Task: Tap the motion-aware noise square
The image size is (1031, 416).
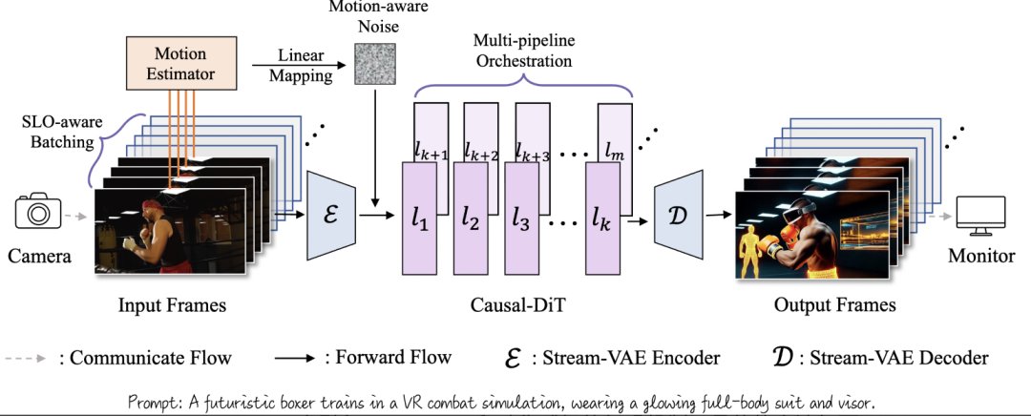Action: coord(373,63)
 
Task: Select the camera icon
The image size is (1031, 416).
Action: coord(39,211)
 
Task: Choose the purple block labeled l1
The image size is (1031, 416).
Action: coord(420,224)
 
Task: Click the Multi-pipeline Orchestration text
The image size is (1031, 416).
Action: coord(524,51)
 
